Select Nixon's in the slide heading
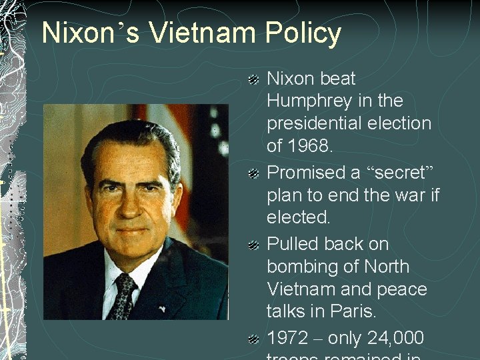(x=91, y=33)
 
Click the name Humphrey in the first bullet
(x=311, y=101)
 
